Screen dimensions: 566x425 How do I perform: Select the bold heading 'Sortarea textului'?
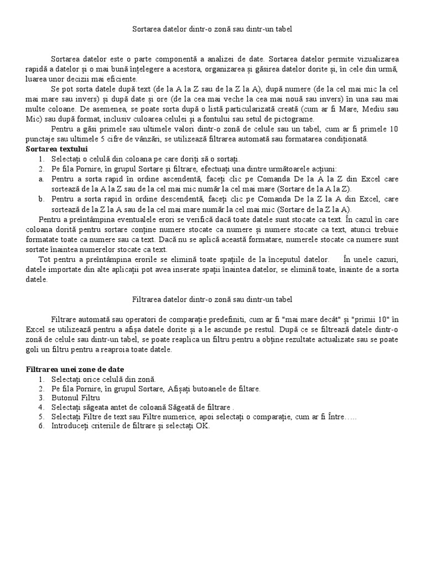click(56, 149)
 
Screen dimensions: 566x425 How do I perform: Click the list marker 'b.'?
click(42, 199)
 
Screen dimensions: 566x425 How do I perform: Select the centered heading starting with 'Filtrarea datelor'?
click(212, 299)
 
